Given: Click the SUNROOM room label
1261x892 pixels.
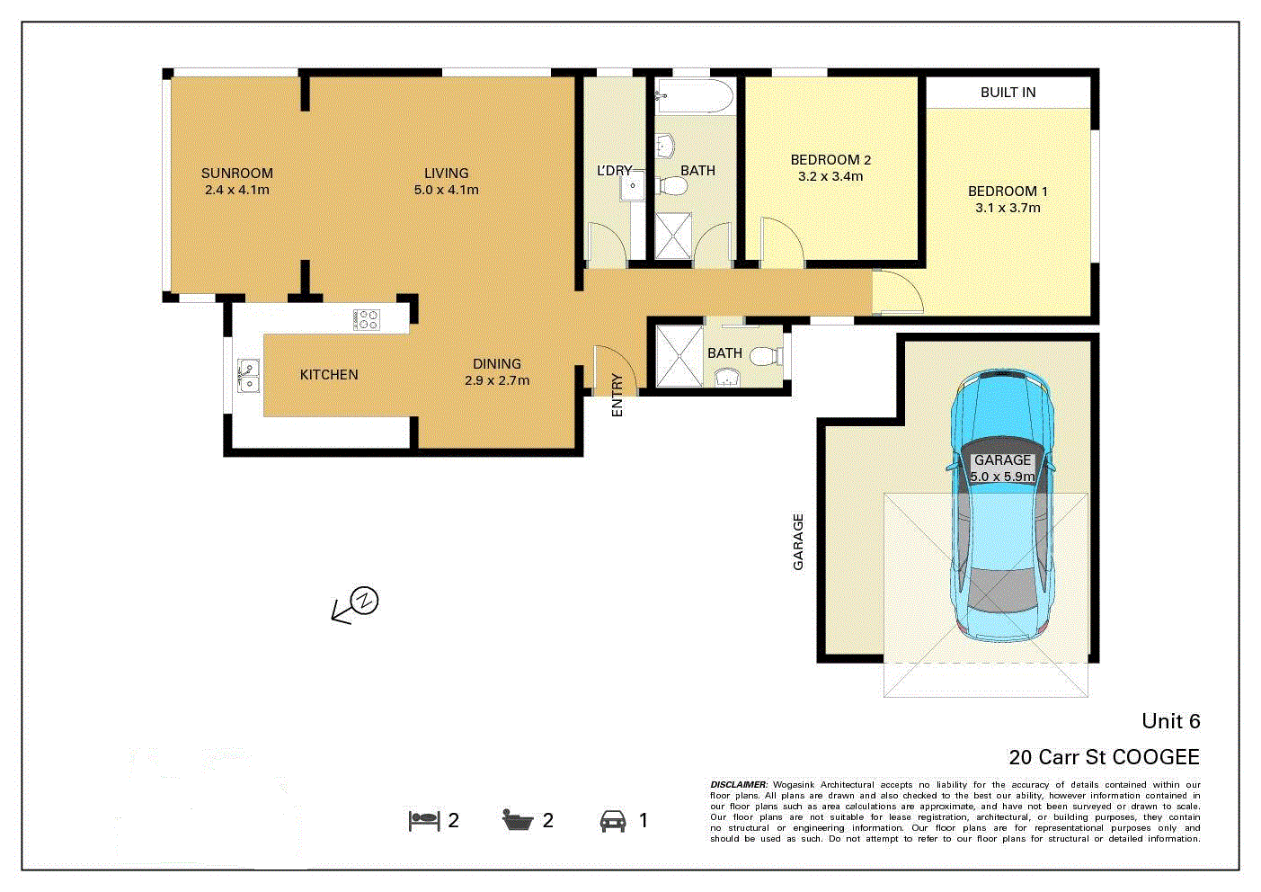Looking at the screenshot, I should click(236, 174).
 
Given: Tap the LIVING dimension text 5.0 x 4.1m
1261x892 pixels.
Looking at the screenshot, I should click(446, 190).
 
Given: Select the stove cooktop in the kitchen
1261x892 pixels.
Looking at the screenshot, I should click(367, 319).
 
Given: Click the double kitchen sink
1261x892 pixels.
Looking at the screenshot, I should click(247, 375).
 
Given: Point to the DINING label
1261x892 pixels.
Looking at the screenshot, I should click(497, 364).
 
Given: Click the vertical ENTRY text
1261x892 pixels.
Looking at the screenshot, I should click(617, 395).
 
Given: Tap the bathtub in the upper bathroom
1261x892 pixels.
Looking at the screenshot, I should click(695, 95).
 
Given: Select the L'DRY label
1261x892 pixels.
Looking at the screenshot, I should click(614, 170).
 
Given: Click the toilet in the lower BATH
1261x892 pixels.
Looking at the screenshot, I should click(765, 357).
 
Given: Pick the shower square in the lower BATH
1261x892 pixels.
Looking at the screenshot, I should click(679, 356).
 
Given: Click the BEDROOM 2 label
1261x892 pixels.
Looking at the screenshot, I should click(830, 160).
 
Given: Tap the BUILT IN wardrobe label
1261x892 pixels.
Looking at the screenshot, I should click(1008, 93).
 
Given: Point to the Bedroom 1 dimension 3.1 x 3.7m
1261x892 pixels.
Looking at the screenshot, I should click(1008, 208).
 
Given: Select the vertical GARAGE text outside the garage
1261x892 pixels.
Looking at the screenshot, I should click(798, 541).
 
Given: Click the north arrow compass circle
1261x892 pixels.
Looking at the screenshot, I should click(365, 601).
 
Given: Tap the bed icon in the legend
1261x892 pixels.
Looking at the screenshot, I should click(424, 820).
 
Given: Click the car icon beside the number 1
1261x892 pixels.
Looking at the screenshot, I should click(613, 820).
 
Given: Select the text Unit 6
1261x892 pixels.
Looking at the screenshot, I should click(1170, 721).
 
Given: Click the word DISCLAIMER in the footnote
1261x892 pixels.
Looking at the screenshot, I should click(739, 785).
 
